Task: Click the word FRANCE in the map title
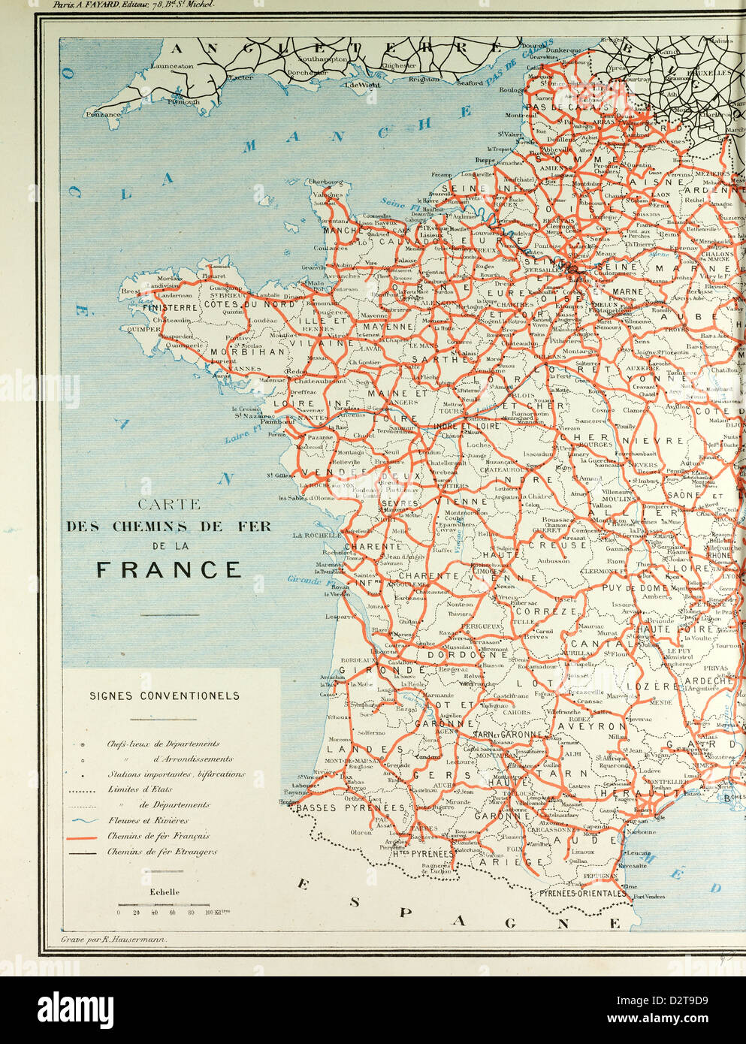click(169, 569)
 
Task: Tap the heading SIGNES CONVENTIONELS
click(165, 695)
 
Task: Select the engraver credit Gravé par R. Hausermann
click(113, 940)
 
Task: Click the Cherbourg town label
click(325, 182)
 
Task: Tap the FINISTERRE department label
click(171, 307)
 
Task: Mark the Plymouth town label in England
click(184, 101)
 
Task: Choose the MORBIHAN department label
click(248, 352)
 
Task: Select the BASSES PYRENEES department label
click(351, 808)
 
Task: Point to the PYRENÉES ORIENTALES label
click(582, 894)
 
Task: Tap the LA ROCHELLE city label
click(318, 536)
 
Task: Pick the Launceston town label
click(171, 66)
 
